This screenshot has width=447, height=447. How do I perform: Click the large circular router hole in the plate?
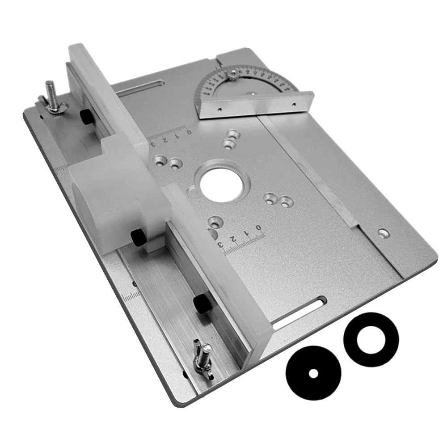222,185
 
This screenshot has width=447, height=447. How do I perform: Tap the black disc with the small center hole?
313,373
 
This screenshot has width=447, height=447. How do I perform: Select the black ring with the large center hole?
371,339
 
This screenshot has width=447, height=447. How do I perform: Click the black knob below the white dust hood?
139,237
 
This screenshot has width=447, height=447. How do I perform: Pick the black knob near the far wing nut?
86,117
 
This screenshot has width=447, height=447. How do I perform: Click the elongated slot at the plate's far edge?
139,88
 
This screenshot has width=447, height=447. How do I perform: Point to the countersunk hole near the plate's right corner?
383,233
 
